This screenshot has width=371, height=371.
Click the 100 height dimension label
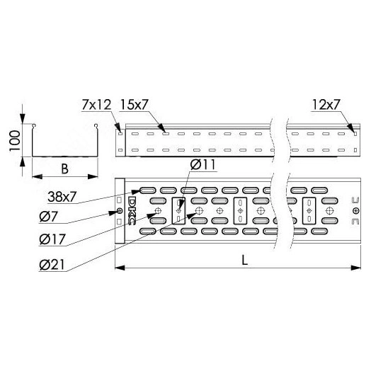coord(15,141)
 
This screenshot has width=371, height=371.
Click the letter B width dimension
coord(64,169)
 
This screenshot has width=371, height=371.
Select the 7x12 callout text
coord(96,105)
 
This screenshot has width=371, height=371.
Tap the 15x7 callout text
coord(134,105)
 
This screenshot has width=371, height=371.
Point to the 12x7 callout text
coord(326,105)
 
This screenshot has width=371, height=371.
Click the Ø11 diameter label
coord(203,164)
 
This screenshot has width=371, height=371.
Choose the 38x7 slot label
coord(62,197)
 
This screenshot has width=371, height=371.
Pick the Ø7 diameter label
coord(49,217)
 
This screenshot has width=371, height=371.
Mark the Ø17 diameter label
coord(52,239)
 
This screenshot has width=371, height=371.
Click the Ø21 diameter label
coord(52,265)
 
